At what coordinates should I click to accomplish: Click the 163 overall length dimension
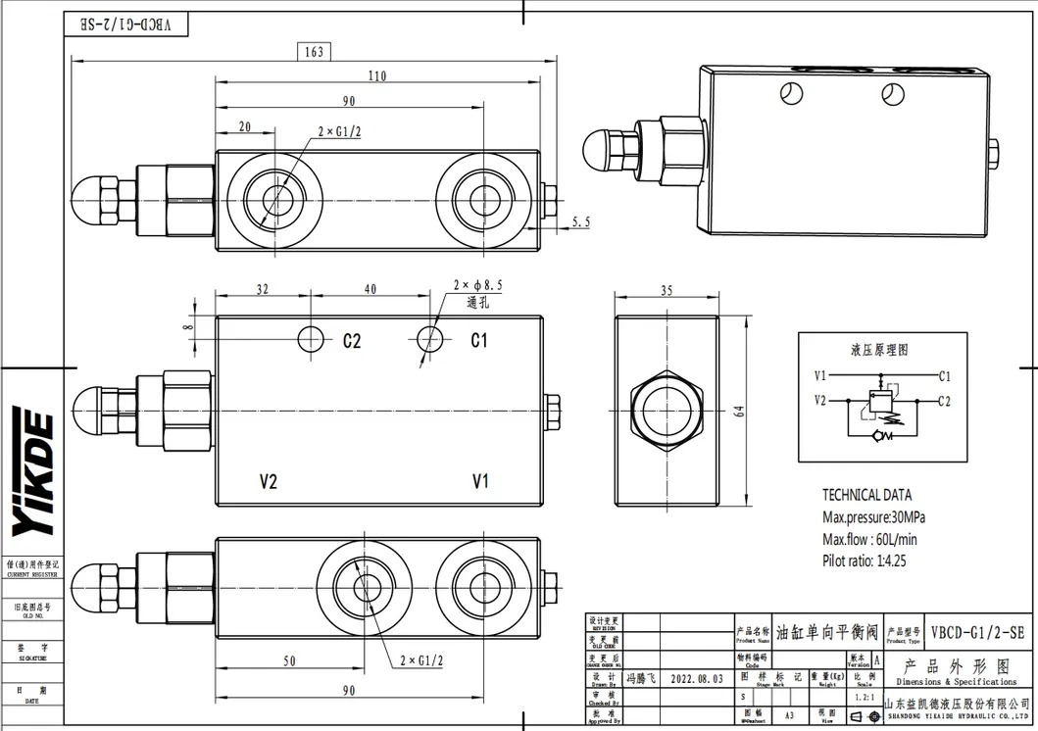pos(313,52)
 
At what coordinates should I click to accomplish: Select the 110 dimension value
pos(376,76)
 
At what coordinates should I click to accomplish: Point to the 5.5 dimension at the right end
pos(580,223)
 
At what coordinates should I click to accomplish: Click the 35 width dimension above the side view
pos(667,291)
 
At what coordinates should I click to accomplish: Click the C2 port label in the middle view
pos(352,341)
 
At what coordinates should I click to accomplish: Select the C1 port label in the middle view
pos(479,340)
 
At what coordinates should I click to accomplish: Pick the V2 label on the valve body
pos(269,481)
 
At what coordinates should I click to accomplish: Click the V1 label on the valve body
pos(480,481)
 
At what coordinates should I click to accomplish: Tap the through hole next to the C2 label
pos(311,339)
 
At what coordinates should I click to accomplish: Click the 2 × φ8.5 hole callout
pos(477,285)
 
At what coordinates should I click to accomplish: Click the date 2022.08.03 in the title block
pos(697,678)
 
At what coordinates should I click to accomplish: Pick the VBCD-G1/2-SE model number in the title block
pos(976,633)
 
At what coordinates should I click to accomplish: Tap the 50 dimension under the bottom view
pos(289,661)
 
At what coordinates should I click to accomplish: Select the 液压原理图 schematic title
pos(879,350)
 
